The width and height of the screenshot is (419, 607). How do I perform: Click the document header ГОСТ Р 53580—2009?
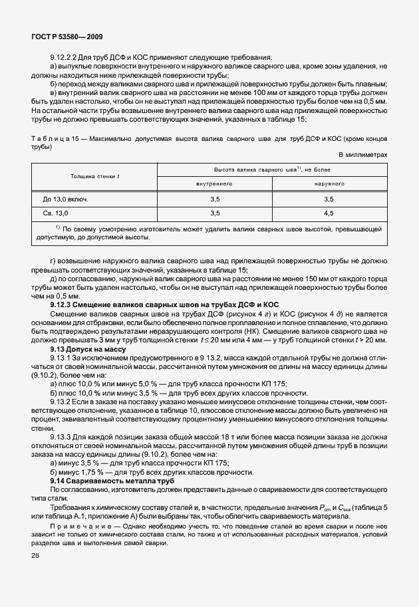point(67,38)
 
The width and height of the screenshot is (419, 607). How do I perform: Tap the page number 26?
point(35,554)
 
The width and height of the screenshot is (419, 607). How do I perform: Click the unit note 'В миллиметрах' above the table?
point(363,154)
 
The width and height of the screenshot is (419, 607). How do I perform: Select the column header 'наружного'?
point(329,183)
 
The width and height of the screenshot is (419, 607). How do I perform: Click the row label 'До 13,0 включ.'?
point(66,199)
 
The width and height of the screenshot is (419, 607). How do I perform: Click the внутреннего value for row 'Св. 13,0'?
point(214,213)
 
